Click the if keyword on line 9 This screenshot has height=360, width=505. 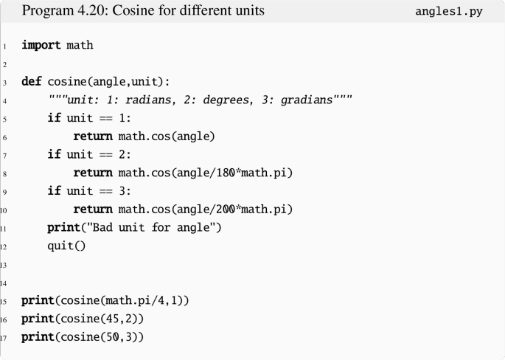tap(53, 192)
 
